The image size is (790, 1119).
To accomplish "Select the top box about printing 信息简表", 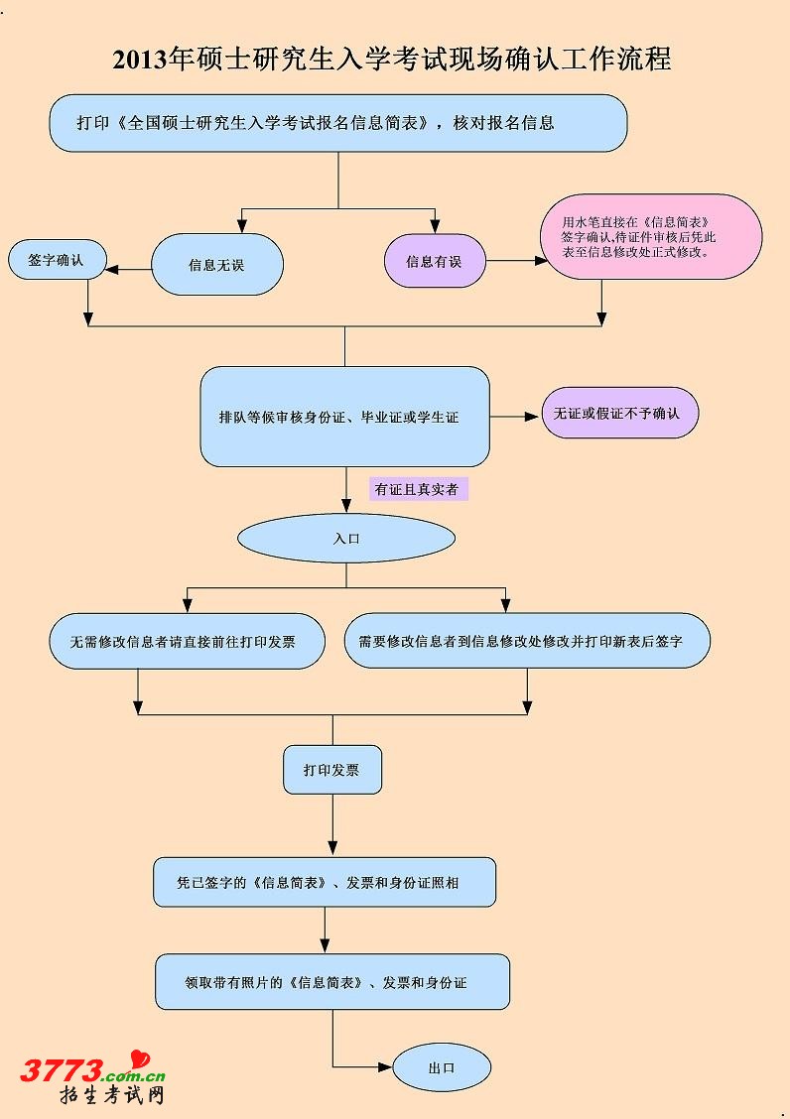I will (x=338, y=123).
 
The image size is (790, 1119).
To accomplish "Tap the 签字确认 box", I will (x=55, y=260).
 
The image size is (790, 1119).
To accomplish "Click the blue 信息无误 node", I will (x=216, y=264).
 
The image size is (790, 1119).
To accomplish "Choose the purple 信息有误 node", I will (x=434, y=262).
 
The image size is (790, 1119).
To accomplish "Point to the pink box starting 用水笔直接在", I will (x=651, y=237).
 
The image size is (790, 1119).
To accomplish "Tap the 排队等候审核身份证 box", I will (x=344, y=417).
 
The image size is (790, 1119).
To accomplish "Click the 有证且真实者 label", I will (x=418, y=489).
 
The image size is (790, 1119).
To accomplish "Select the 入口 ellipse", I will (x=345, y=539).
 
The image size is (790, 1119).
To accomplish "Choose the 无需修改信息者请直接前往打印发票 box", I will (x=188, y=641).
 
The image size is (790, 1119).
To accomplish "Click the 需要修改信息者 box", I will (x=527, y=641).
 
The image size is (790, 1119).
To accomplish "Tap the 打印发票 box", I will (x=331, y=770).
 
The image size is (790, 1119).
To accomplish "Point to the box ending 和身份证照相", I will (x=325, y=882).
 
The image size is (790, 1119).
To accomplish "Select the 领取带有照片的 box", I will (x=332, y=982).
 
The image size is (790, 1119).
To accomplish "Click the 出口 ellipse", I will (x=442, y=1068).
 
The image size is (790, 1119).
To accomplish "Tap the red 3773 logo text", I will (x=62, y=1069).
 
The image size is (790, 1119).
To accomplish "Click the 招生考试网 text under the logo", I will (x=111, y=1095).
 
